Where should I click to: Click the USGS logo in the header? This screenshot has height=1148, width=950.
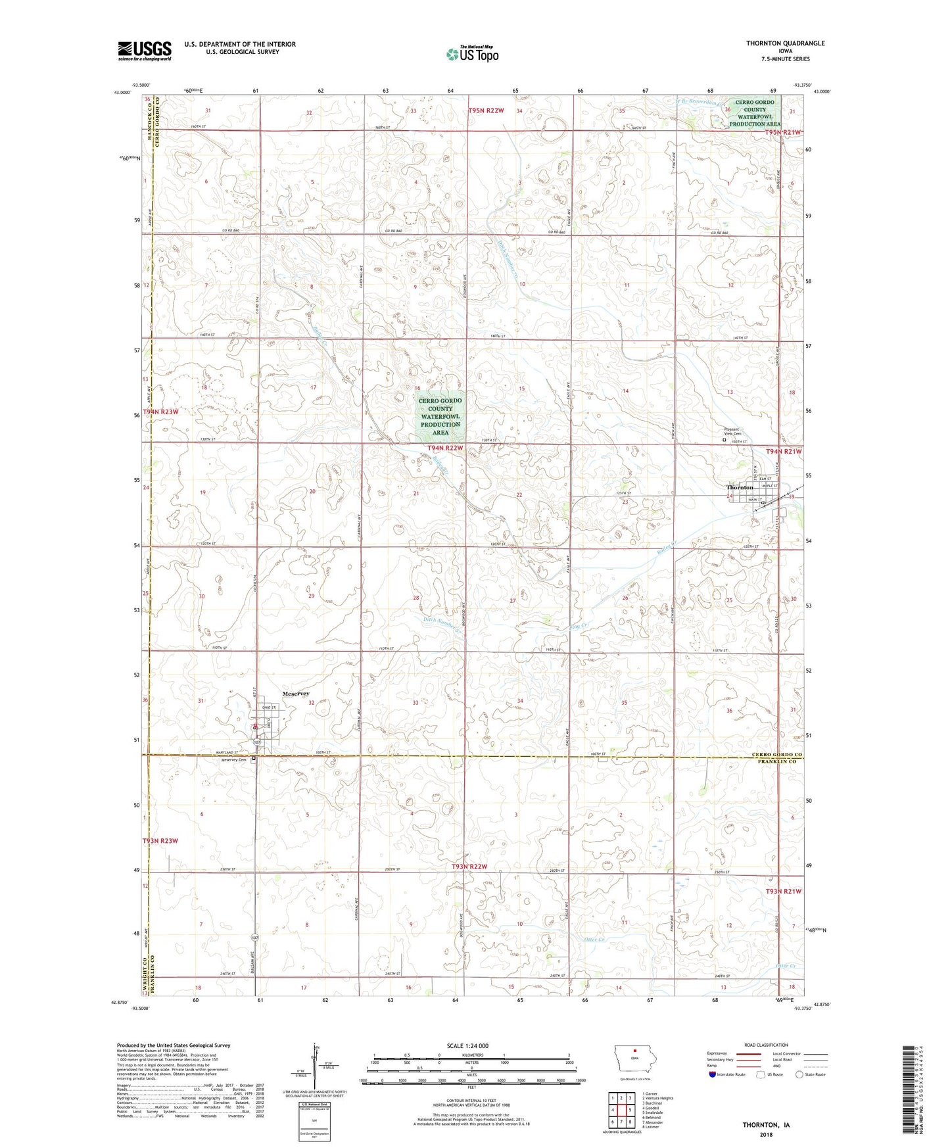pos(145,51)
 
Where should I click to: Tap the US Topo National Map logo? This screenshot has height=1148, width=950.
pos(472,54)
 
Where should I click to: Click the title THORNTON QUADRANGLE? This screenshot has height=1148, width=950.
pos(785,43)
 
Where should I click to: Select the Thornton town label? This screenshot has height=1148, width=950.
pos(740,487)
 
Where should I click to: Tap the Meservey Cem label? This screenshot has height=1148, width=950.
pos(233,760)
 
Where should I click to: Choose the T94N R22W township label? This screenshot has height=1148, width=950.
pos(445,448)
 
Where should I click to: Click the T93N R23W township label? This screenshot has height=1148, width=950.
pos(160,841)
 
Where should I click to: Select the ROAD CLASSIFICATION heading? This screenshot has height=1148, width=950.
pos(766,1045)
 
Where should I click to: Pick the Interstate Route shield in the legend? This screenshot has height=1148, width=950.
pos(713,1074)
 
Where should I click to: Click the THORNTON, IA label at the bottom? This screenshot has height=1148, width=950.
pos(766,1124)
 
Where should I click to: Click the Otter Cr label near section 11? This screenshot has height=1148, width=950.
pos(594,940)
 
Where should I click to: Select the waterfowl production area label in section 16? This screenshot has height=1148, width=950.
pos(440,416)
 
